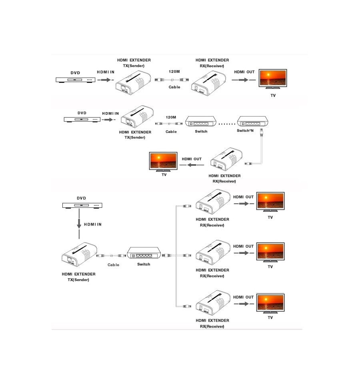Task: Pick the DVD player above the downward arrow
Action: click(x=82, y=205)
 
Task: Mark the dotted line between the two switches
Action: click(x=227, y=124)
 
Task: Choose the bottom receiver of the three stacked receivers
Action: click(x=213, y=303)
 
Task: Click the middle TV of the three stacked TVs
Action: click(x=270, y=252)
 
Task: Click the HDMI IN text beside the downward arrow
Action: click(x=93, y=225)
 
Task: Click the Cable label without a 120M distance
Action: click(x=113, y=265)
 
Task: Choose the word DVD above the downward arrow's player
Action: click(x=82, y=198)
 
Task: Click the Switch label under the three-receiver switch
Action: click(x=144, y=264)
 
